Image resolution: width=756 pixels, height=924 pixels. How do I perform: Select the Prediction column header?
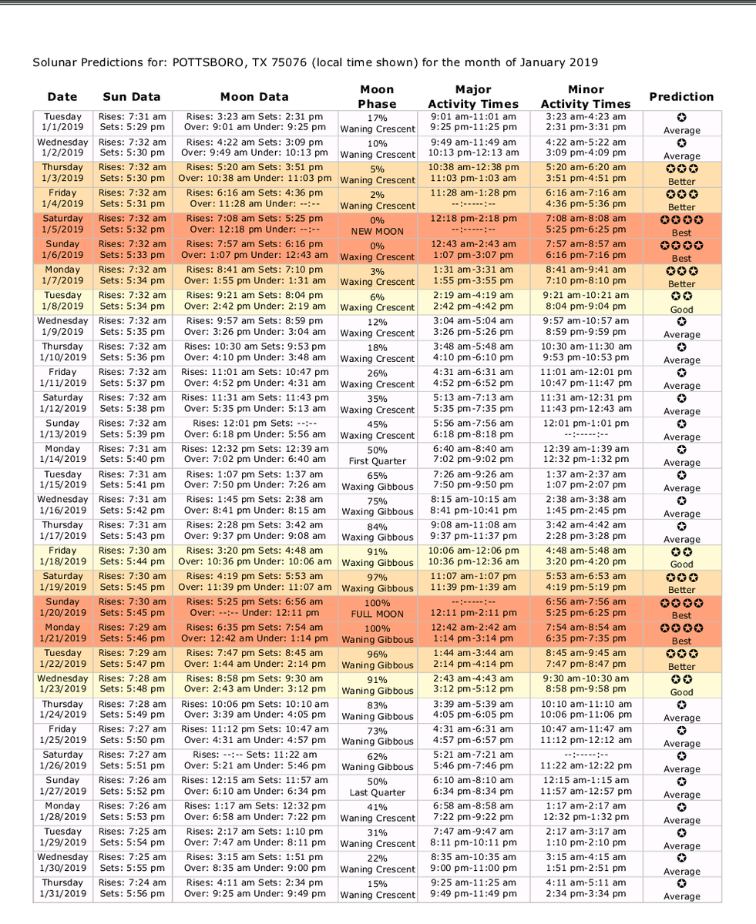(x=681, y=97)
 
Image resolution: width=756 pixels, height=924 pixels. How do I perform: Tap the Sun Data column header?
(x=132, y=97)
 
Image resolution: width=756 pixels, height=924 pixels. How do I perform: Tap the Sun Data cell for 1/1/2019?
(x=132, y=123)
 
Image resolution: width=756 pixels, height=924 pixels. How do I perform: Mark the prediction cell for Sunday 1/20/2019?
(x=681, y=608)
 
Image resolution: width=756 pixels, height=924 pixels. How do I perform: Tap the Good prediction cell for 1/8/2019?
(x=681, y=302)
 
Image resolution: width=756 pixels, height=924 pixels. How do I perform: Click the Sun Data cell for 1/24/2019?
(x=132, y=711)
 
